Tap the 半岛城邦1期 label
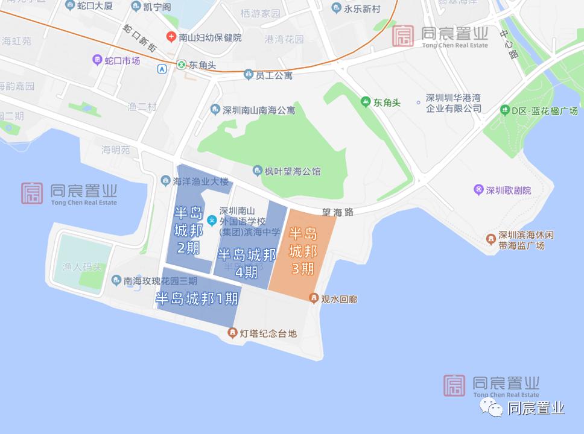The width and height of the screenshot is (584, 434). coord(197,298)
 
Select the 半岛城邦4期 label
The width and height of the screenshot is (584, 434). coord(247,263)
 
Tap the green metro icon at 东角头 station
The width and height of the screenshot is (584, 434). coord(181,64)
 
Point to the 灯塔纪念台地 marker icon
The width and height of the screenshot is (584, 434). coord(232,333)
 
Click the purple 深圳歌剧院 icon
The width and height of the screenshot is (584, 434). coord(479,190)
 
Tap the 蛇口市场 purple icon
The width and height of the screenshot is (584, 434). coord(97,60)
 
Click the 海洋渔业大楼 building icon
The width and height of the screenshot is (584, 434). coord(165,180)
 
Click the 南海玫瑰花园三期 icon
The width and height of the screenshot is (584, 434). coord(116,280)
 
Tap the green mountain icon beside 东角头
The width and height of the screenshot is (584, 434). coord(366,102)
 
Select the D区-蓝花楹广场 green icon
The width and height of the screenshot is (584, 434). coord(505,110)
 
